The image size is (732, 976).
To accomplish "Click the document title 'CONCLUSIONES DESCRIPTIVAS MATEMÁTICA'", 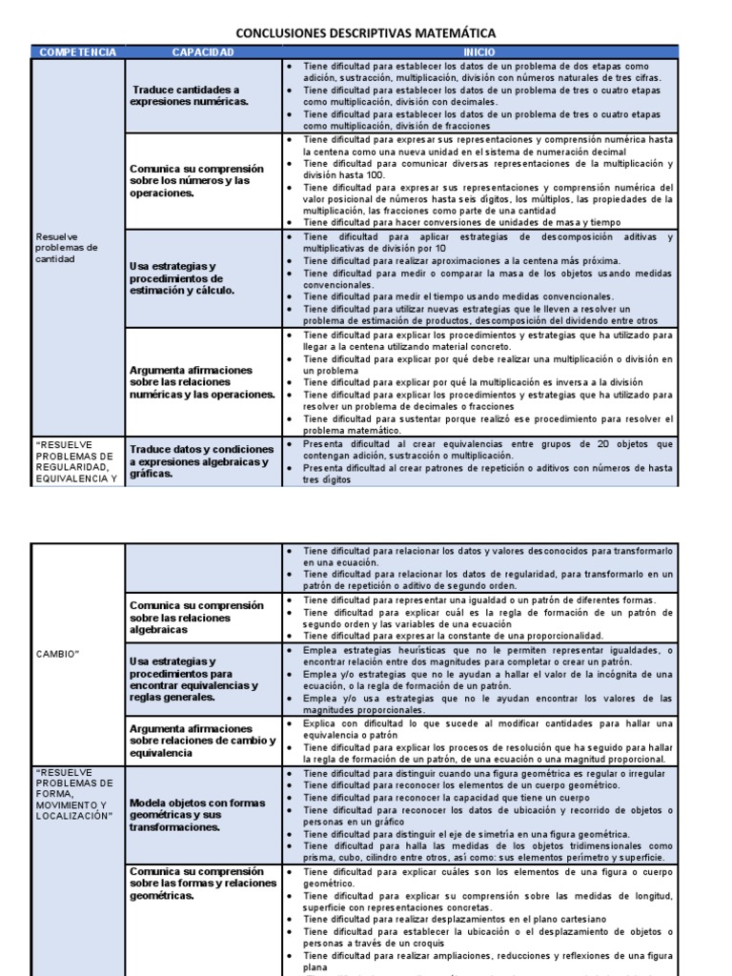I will click(366, 33).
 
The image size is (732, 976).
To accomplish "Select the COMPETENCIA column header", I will click(79, 51).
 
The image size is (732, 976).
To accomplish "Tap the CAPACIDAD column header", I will click(202, 51).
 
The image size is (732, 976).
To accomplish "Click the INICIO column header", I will click(478, 51).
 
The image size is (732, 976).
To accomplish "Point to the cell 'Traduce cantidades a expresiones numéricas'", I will click(190, 94).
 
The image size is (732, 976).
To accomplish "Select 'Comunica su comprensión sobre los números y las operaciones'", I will click(196, 180).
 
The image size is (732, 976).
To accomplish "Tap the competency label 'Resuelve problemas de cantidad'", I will click(67, 248).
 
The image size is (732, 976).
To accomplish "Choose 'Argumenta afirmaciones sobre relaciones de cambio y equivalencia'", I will click(202, 741).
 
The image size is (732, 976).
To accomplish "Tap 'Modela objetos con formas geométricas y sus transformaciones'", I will click(196, 815).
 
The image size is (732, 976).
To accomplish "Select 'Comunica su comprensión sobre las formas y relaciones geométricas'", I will click(202, 884).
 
